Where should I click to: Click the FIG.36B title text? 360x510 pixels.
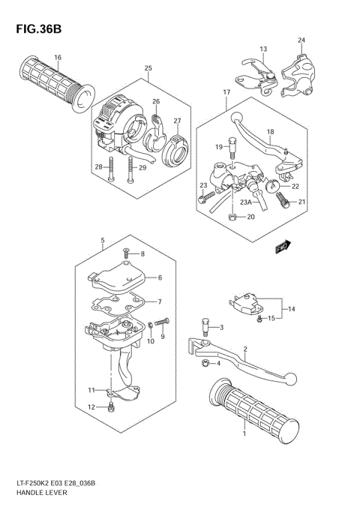tap(35, 29)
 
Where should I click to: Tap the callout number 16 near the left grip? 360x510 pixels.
tap(58, 58)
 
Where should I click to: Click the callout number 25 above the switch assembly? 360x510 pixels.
tap(148, 68)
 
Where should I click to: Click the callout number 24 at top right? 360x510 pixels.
tap(301, 40)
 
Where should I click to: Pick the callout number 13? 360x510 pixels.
tap(263, 49)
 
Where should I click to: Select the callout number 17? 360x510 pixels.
tap(225, 92)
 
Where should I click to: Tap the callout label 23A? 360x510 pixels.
tap(246, 202)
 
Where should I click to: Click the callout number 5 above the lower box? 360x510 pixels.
tap(102, 241)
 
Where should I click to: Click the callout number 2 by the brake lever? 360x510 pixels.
tap(244, 349)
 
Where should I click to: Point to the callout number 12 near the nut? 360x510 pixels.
tap(91, 407)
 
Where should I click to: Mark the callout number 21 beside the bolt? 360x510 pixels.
tap(302, 202)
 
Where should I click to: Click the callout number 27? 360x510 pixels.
tap(178, 121)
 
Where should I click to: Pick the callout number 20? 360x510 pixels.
tap(251, 217)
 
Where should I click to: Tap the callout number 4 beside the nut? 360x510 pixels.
tap(217, 364)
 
